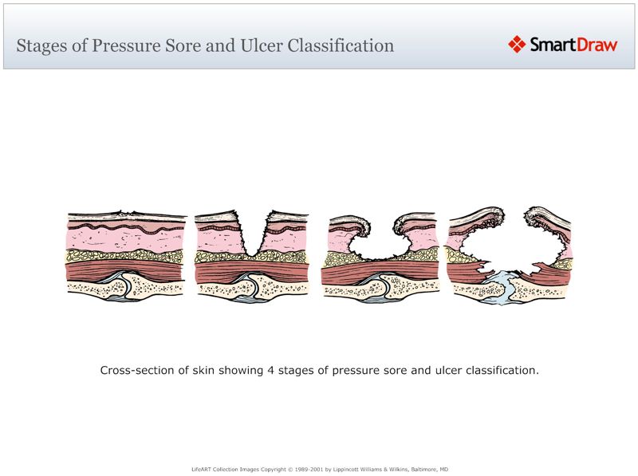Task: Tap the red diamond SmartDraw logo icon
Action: (x=517, y=45)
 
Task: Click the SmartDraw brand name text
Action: (x=573, y=45)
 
